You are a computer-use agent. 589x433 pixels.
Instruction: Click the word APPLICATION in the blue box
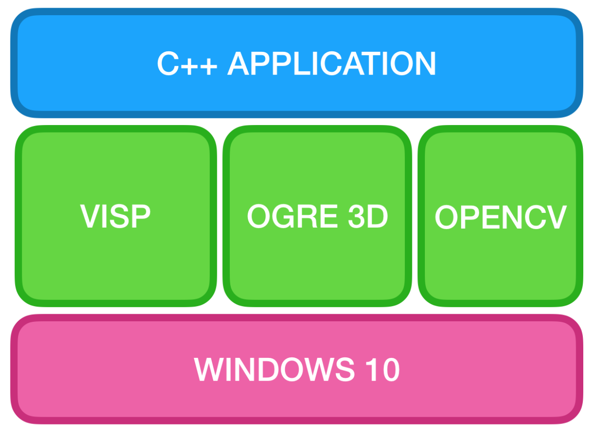tap(332, 64)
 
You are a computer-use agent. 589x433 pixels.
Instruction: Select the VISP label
tap(115, 217)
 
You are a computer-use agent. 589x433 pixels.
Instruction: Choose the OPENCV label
tap(501, 218)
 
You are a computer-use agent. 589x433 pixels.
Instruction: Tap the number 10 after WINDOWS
tap(383, 370)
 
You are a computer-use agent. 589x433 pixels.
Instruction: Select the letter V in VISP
tap(89, 217)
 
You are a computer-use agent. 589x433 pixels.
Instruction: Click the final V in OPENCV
tap(556, 218)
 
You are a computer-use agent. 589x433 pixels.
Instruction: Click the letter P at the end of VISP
tap(141, 217)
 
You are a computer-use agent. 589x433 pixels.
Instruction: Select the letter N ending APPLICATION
tap(424, 64)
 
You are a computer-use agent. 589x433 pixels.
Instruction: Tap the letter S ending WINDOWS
tap(344, 370)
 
